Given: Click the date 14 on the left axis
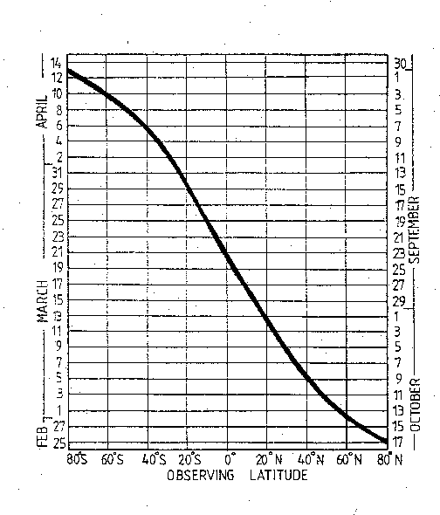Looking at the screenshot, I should (x=57, y=64).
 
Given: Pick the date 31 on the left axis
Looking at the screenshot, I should (x=57, y=174).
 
